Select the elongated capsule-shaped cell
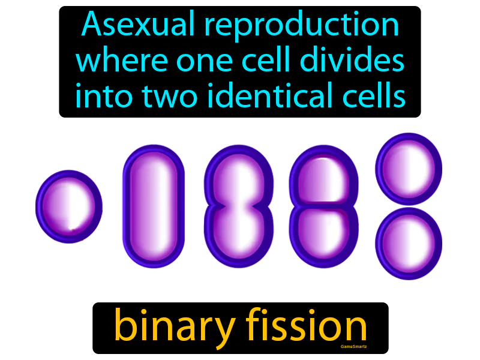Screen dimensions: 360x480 (x=154, y=207)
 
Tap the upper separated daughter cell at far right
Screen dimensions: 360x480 (x=409, y=169)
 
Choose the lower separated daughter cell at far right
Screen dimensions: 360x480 (x=409, y=244)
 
